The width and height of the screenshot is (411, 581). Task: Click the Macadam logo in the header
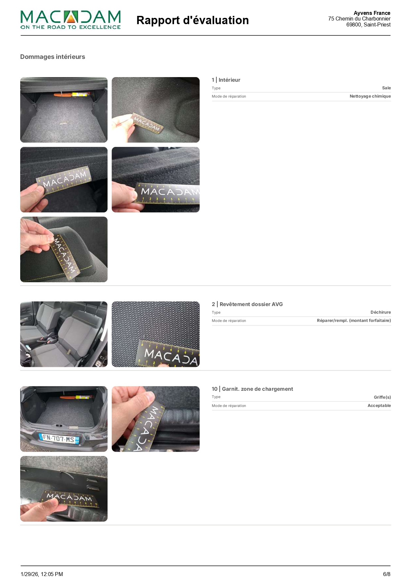click(70, 20)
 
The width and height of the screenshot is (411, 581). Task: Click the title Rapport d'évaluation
click(192, 20)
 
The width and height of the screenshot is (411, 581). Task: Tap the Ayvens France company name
click(372, 13)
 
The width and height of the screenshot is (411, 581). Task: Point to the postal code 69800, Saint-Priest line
click(368, 24)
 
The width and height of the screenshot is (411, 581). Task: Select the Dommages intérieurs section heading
click(53, 57)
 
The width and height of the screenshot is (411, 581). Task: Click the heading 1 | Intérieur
click(226, 80)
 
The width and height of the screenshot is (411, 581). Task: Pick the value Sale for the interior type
click(386, 88)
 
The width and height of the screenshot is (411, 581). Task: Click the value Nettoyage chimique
click(370, 96)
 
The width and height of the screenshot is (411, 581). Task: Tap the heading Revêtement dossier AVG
click(251, 304)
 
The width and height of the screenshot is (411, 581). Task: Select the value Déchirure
click(381, 312)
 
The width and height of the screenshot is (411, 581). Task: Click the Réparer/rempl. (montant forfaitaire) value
click(354, 321)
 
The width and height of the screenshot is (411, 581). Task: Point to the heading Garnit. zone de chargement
click(257, 389)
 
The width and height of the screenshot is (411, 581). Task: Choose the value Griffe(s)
click(382, 397)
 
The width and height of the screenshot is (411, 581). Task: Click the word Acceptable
click(379, 406)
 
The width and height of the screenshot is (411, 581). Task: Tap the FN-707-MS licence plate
click(59, 439)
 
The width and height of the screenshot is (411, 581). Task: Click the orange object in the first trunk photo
click(63, 95)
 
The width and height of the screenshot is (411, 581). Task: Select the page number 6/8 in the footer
click(387, 574)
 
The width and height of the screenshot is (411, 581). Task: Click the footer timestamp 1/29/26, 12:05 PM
click(42, 574)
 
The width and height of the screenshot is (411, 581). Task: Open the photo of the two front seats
click(64, 334)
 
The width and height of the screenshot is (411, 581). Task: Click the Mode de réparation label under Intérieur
click(229, 96)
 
